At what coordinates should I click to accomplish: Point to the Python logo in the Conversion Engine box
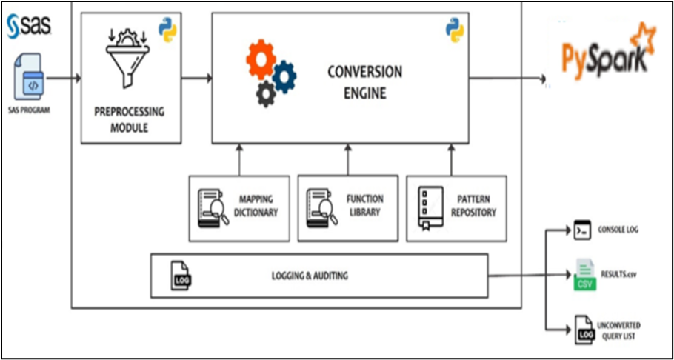(x=454, y=30)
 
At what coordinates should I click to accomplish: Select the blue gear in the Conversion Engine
(x=284, y=75)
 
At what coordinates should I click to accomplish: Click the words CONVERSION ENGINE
(x=365, y=83)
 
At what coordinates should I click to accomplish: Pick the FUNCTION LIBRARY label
(x=364, y=205)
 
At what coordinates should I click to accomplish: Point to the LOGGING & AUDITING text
(x=309, y=276)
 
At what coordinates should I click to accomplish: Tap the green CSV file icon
(x=582, y=276)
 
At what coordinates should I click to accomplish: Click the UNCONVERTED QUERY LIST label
(x=618, y=331)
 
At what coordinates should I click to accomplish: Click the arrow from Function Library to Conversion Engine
(x=347, y=159)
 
